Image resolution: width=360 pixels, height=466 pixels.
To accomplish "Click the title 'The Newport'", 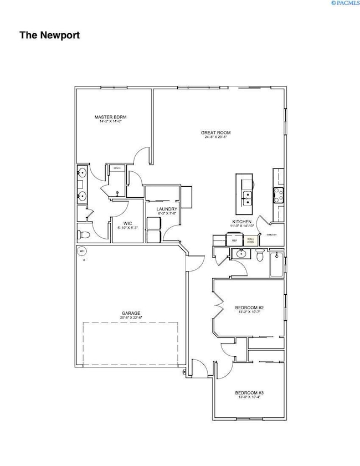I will [x=50, y=35].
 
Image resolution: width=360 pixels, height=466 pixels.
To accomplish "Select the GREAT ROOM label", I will [x=216, y=133].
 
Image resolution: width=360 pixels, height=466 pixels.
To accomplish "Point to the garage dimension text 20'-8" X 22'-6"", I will [x=131, y=318].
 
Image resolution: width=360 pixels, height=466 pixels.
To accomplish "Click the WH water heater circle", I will [x=82, y=251].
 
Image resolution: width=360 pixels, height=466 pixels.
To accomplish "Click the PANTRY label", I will [x=271, y=235].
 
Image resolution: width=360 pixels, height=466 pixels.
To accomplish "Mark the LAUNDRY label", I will [x=167, y=209].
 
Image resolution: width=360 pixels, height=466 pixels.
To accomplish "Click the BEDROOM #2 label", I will [x=249, y=308].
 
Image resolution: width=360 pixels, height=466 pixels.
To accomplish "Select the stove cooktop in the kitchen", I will [x=278, y=194].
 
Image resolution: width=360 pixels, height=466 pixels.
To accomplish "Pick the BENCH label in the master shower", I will [x=117, y=168].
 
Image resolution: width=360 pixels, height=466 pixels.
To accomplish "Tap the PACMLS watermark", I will [x=344, y=3].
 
